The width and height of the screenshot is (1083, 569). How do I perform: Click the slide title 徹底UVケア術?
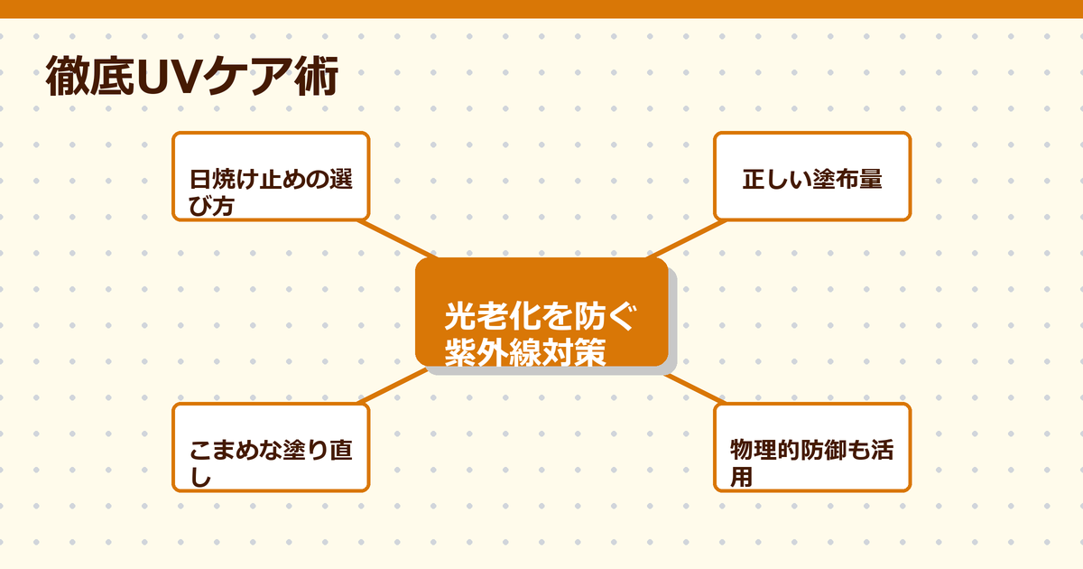pos(192,79)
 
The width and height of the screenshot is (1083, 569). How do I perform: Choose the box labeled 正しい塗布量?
pos(812,176)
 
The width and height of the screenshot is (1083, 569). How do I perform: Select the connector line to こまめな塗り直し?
pos(393,386)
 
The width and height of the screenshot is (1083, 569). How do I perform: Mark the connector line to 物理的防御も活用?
pos(694,387)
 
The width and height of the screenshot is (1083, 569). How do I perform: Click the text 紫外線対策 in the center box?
pos(524,352)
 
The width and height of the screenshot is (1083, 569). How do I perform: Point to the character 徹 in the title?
pos(67,79)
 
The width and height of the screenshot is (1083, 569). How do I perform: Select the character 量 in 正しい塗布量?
pos(870,179)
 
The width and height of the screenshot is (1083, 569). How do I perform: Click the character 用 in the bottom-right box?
pos(740,476)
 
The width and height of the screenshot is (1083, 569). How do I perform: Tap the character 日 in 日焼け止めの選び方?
pos(199,179)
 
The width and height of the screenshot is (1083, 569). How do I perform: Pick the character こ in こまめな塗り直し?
pos(200,451)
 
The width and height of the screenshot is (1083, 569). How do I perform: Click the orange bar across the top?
pos(541,9)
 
